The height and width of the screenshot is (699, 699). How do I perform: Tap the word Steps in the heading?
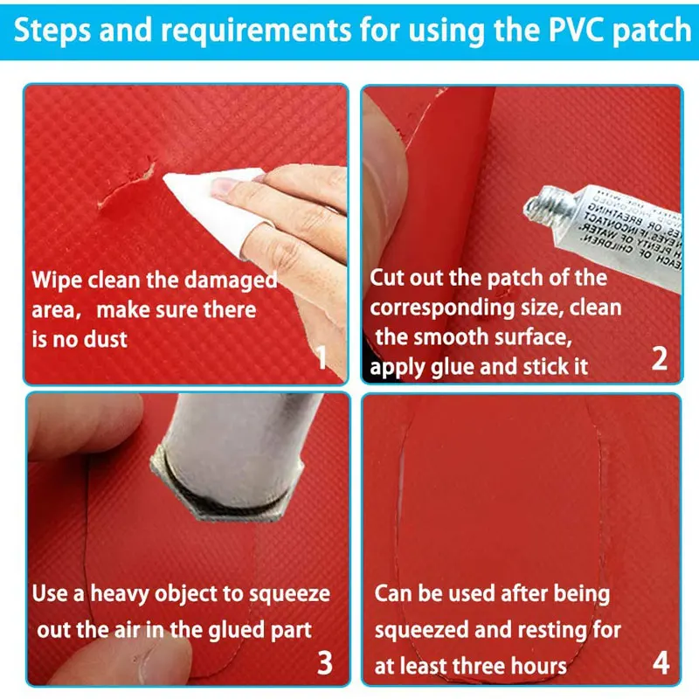(x=55, y=31)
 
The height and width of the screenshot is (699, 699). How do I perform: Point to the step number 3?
(x=324, y=662)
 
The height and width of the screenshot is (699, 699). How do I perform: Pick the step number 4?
(x=661, y=662)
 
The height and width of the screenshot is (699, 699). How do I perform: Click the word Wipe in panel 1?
(x=57, y=281)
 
